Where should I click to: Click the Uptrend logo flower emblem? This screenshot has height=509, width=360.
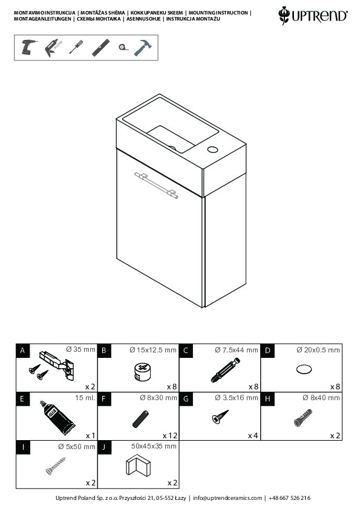[284, 15]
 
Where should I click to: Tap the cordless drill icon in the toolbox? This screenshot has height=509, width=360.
[28, 47]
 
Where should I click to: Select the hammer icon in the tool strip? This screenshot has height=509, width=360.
[143, 47]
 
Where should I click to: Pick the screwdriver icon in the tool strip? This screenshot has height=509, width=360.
[76, 47]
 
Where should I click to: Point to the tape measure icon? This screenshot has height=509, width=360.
[122, 47]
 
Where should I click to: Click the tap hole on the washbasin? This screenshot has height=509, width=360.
[212, 150]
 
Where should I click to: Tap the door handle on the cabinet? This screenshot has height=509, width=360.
[156, 185]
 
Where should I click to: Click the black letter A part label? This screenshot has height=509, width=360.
[22, 351]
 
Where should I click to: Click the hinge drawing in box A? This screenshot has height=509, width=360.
[57, 365]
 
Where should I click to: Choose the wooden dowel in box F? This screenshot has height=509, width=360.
[140, 419]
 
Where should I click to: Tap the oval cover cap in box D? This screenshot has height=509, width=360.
[304, 369]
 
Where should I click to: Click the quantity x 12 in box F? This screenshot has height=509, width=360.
[170, 436]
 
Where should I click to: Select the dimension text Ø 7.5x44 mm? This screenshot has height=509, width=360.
[236, 350]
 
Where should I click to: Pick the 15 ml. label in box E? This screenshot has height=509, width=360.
[85, 398]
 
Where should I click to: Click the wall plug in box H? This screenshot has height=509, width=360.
[303, 418]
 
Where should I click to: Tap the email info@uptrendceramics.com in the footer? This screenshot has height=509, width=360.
[227, 498]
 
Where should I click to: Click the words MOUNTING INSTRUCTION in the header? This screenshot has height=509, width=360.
[218, 13]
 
